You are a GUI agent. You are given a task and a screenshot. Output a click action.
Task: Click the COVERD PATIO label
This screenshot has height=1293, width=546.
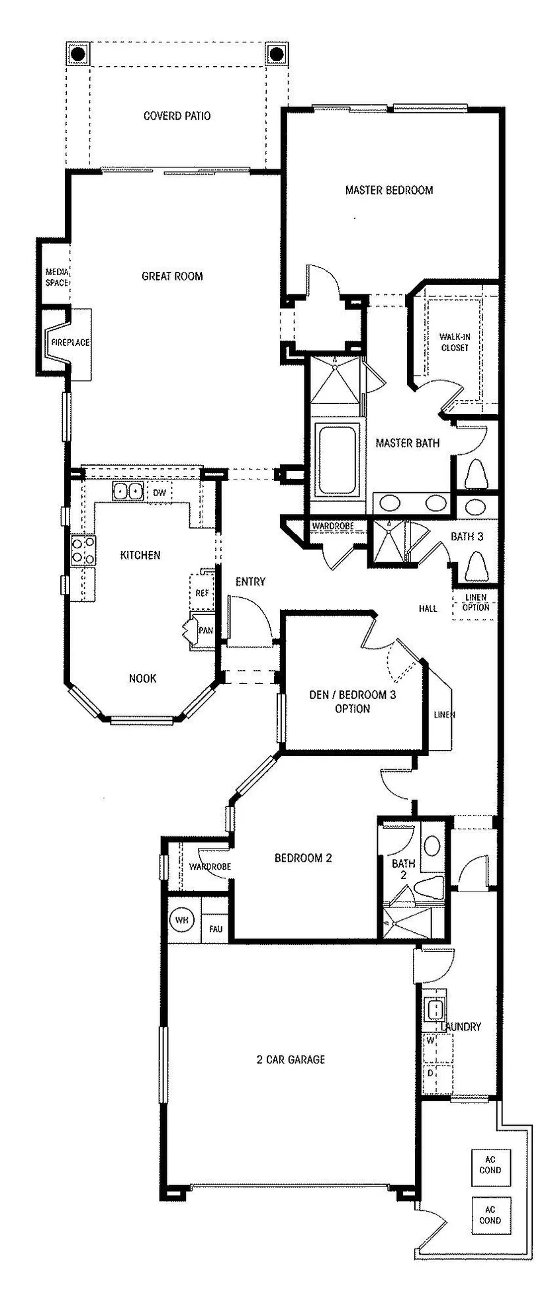point(177,116)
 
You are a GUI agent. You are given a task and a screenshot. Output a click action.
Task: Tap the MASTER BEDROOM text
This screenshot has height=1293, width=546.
point(389,190)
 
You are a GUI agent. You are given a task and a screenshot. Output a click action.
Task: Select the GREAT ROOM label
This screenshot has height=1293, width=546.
point(172,276)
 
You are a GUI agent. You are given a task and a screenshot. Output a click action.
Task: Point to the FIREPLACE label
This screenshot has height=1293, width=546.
point(71,343)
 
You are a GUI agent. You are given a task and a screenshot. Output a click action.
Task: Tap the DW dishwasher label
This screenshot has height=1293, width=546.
point(159,493)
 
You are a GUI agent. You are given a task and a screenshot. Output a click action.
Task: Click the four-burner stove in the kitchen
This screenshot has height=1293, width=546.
point(83,550)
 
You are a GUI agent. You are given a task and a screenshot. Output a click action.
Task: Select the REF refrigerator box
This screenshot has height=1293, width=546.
point(202,592)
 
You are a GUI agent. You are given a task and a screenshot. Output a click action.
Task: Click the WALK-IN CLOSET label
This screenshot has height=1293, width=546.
point(454,342)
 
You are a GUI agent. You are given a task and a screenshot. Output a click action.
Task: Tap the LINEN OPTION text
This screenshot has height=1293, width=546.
point(476,602)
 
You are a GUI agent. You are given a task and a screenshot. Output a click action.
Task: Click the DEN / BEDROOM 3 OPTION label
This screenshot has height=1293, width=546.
point(353,702)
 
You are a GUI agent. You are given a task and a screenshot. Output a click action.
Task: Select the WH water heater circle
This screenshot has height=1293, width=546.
point(181,920)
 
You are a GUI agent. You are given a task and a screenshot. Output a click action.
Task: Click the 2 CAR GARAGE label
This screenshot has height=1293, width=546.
point(291,1059)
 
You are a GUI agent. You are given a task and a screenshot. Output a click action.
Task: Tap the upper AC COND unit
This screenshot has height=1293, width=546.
point(490,1165)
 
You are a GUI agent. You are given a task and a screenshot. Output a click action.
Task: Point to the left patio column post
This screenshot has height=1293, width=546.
point(77,53)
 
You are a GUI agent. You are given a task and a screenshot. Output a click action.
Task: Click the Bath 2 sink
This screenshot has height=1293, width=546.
point(432,845)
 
